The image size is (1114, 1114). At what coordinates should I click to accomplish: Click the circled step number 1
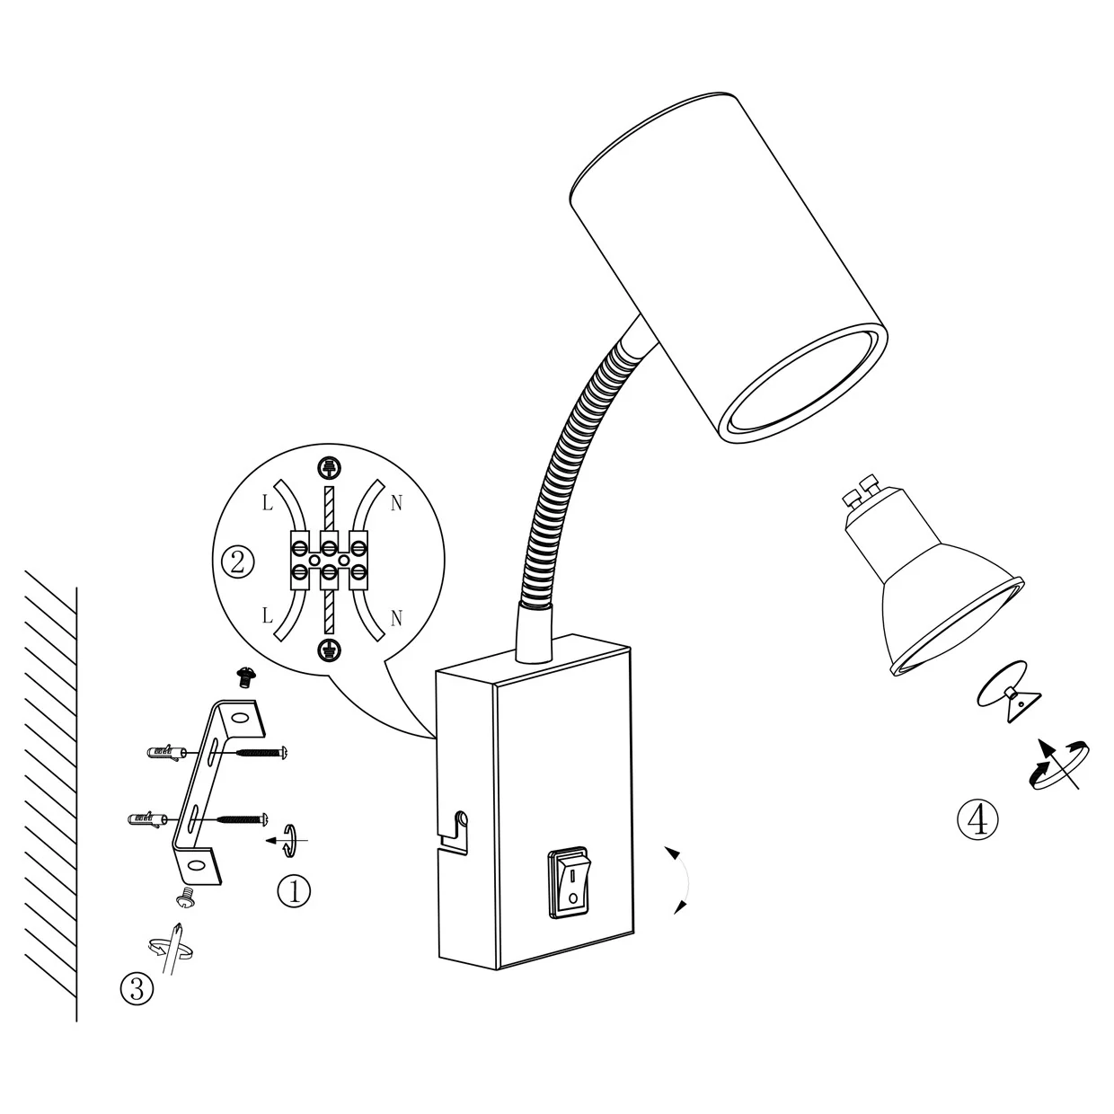294,891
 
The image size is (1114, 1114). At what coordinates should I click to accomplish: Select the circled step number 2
237,561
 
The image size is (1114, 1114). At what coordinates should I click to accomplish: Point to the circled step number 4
977,820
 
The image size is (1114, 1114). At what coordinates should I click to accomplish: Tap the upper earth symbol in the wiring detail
330,468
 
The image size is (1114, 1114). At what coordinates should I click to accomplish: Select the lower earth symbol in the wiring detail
329,650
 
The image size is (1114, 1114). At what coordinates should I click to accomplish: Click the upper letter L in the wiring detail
267,503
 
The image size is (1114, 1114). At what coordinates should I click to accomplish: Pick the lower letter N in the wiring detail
396,619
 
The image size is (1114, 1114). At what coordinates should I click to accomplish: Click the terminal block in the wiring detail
329,560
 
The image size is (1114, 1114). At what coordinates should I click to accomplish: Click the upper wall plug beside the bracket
166,752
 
